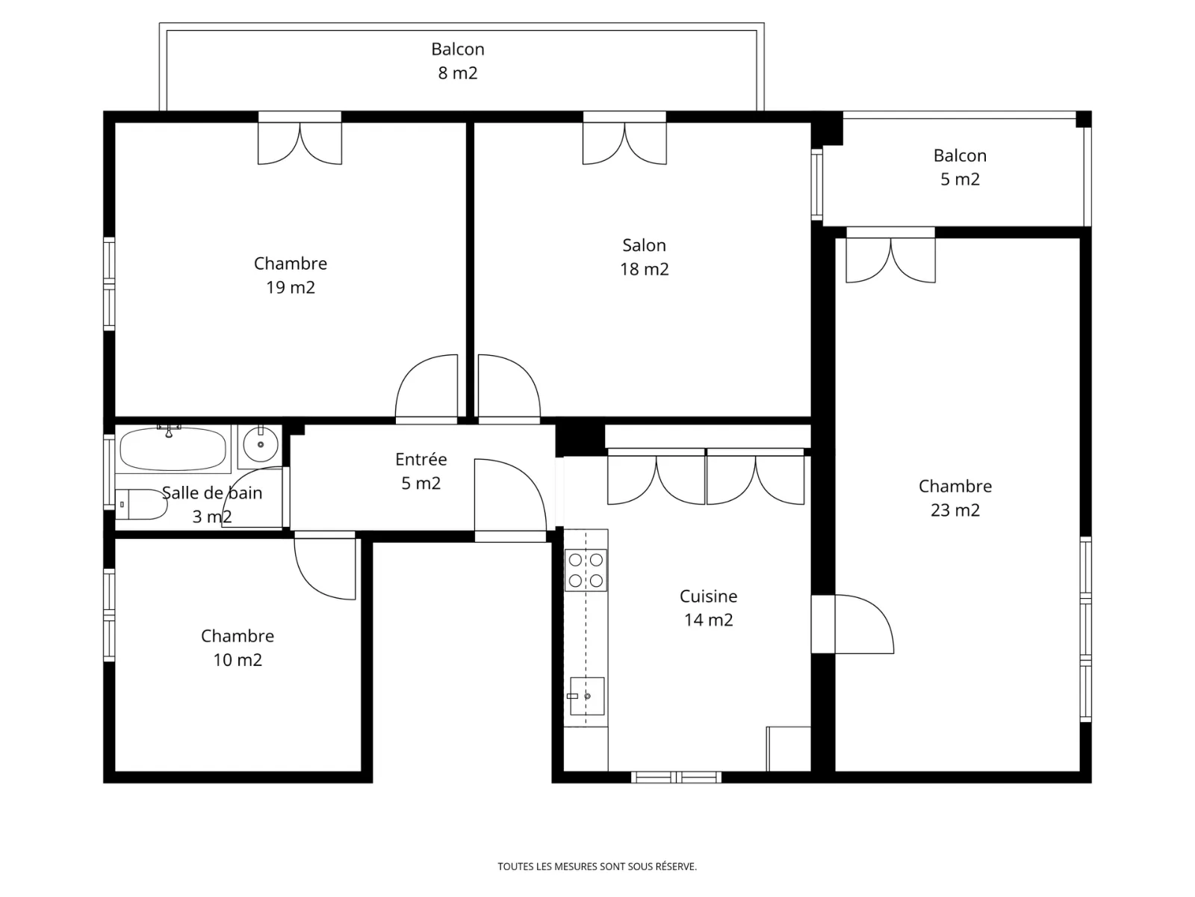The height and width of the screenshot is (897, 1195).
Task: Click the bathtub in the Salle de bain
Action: [x=173, y=449]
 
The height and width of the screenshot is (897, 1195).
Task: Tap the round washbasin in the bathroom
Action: [x=260, y=445]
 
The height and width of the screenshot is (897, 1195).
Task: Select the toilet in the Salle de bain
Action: [x=141, y=505]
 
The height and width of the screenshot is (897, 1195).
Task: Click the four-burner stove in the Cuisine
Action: [x=586, y=570]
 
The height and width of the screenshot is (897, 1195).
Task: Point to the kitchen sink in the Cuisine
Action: [x=586, y=696]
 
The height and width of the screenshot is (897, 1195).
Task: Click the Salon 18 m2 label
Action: [x=644, y=257]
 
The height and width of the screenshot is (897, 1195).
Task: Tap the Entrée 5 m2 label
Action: [x=420, y=471]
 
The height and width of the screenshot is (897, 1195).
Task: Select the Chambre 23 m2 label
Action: [x=955, y=498]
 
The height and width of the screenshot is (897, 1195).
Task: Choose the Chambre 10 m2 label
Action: [x=238, y=647]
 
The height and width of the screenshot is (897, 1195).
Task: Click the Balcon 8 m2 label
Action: [x=457, y=61]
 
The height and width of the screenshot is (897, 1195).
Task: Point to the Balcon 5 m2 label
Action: [x=960, y=167]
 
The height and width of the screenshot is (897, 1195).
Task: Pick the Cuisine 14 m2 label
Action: [x=708, y=608]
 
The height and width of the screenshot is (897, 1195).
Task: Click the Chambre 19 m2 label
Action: [x=291, y=275]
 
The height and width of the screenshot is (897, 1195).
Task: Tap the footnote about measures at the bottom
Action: [x=597, y=866]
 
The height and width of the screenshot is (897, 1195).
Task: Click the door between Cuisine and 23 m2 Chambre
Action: [x=853, y=624]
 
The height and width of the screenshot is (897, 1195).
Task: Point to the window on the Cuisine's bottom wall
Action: [x=676, y=777]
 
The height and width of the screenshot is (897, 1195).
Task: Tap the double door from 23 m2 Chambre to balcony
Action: [x=891, y=255]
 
